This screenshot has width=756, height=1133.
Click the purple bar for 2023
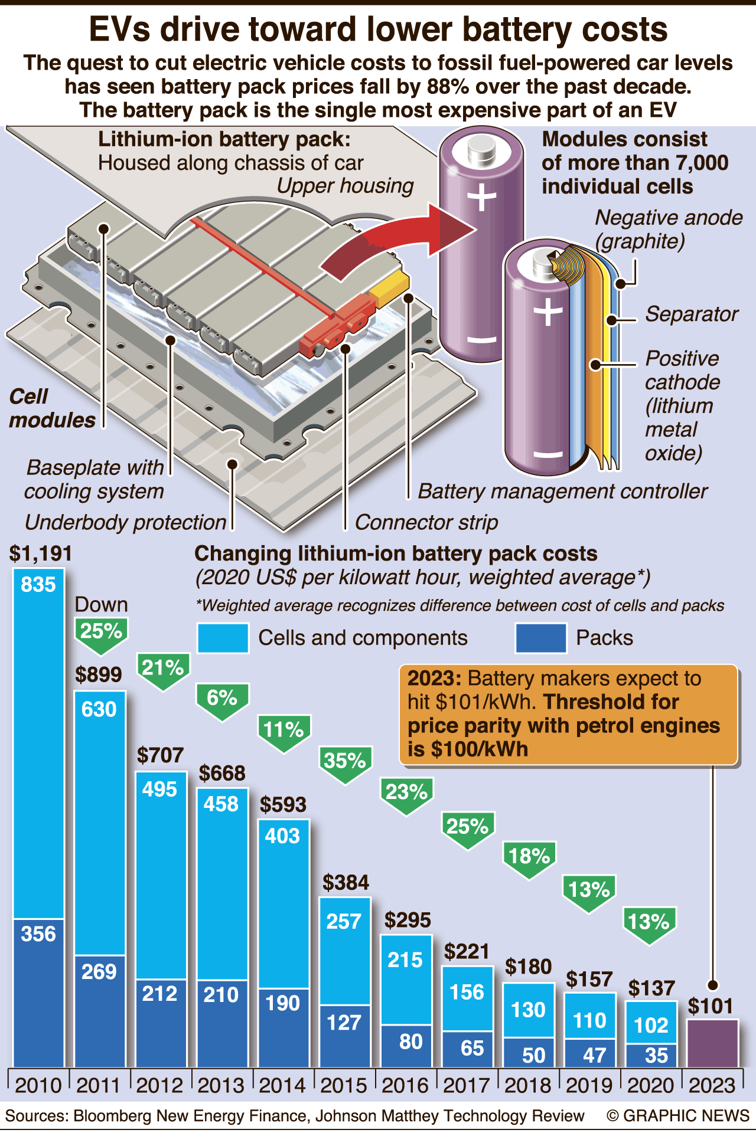(712, 1043)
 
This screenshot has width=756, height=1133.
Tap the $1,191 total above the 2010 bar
(41, 554)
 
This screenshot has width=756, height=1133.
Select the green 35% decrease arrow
(346, 763)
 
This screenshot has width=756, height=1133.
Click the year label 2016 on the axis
(405, 1085)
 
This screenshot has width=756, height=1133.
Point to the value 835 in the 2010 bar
(38, 585)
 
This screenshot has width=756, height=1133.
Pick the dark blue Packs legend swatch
(540, 638)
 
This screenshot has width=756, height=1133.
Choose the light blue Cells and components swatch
(223, 638)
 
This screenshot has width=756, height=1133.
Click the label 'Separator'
(692, 314)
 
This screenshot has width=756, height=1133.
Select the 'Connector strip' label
(426, 522)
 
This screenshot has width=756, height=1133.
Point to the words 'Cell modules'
(52, 408)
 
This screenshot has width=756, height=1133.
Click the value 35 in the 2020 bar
(656, 1055)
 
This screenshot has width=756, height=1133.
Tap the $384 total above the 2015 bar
(346, 882)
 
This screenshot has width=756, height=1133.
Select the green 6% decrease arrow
(222, 700)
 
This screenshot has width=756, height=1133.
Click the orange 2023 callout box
(568, 714)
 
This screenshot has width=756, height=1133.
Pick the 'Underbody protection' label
(125, 522)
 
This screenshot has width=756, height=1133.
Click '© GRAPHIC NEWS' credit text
(677, 1116)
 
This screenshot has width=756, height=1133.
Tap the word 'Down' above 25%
(101, 604)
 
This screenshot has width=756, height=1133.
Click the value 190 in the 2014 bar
(283, 1003)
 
